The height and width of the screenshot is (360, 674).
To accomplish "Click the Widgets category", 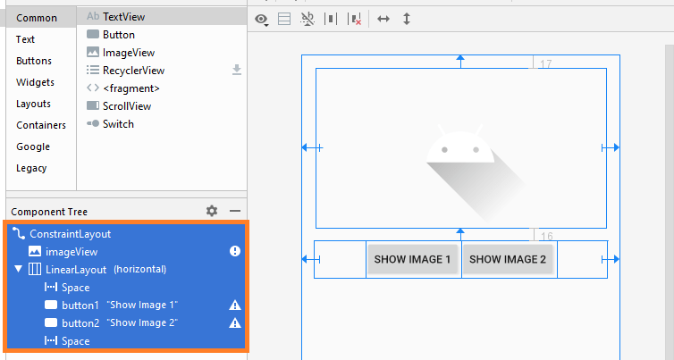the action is tap(35, 82).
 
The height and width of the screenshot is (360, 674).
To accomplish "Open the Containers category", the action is tap(41, 125).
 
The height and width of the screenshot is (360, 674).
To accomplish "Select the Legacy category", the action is tap(31, 168).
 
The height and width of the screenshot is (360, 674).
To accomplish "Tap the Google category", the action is tap(33, 147).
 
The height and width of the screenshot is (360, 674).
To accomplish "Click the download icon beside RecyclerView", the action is tap(237, 70).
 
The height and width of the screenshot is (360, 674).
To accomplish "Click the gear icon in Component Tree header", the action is tap(212, 211).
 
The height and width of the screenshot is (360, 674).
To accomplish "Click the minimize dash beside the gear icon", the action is tap(235, 211).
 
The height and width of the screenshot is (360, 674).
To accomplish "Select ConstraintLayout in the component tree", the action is tap(70, 234).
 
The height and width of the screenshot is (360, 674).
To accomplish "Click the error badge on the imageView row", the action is tap(235, 251).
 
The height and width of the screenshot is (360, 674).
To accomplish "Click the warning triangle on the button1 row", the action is tap(235, 305).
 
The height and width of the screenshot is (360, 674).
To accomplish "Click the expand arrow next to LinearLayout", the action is tap(18, 269).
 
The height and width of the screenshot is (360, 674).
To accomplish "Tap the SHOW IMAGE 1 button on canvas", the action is tap(412, 259).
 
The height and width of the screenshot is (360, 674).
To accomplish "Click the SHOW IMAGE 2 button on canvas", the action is tap(508, 259).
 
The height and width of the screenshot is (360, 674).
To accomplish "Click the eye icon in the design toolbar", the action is tap(261, 20).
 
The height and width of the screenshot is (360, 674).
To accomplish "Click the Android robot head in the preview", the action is tap(460, 147).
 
